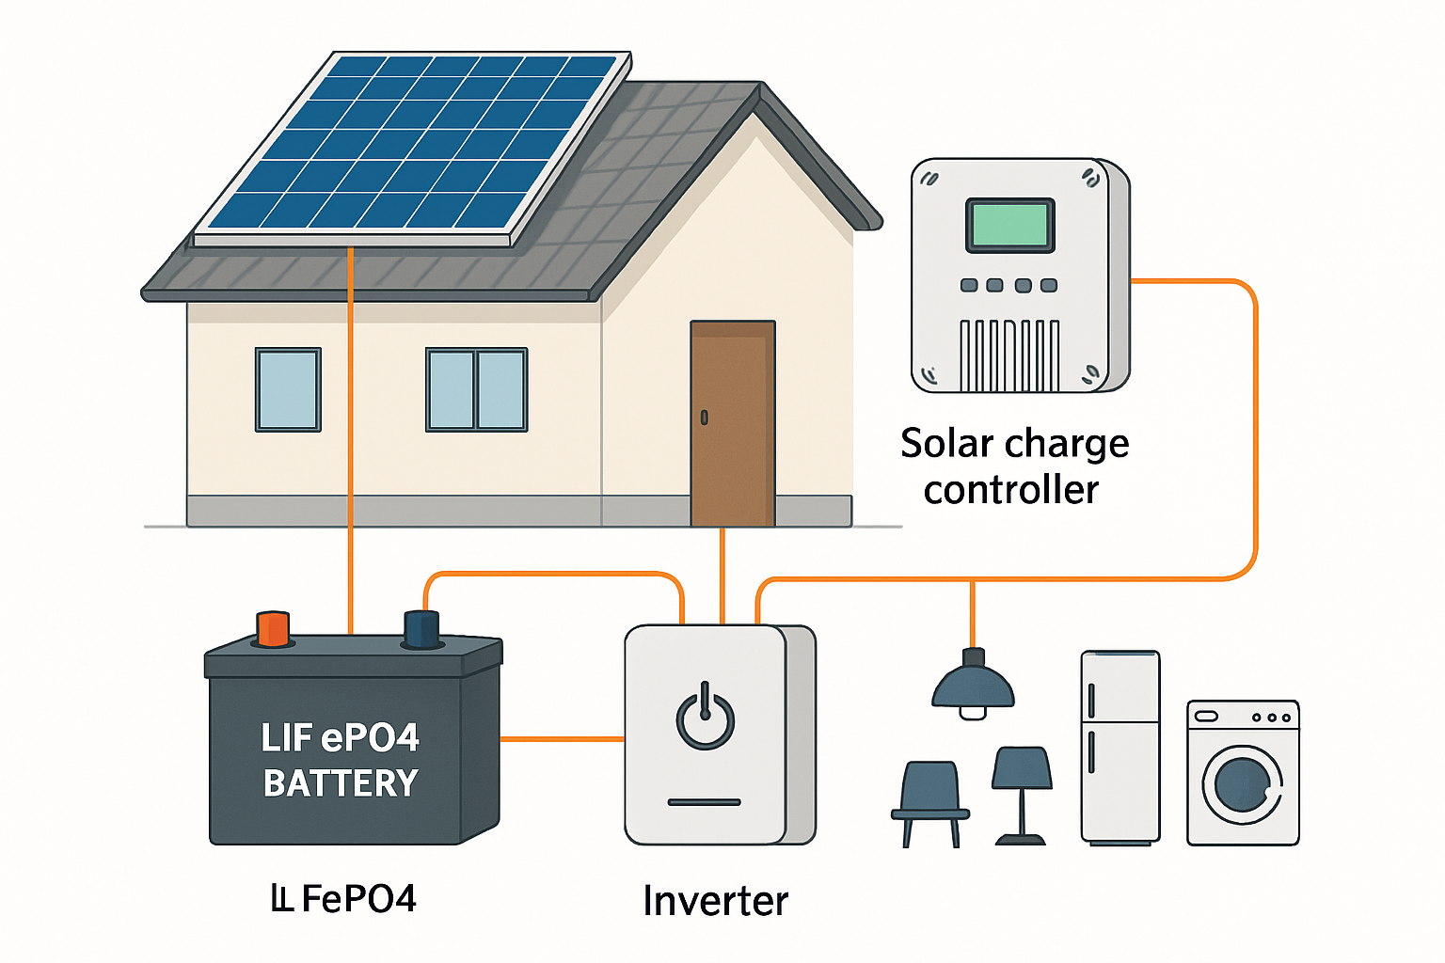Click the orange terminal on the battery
point(273,628)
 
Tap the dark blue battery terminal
point(421,629)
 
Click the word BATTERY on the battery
point(341,783)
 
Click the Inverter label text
point(715,901)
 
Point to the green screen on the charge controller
point(1009,226)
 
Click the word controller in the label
point(1011,490)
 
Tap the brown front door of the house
point(733,423)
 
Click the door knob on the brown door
point(704,417)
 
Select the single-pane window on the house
point(288,389)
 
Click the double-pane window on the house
point(477,389)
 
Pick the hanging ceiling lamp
point(973,687)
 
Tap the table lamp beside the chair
point(1022,790)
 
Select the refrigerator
point(1120,748)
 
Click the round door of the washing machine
point(1242,784)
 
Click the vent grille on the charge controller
point(1009,355)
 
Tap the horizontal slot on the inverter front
point(705,802)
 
